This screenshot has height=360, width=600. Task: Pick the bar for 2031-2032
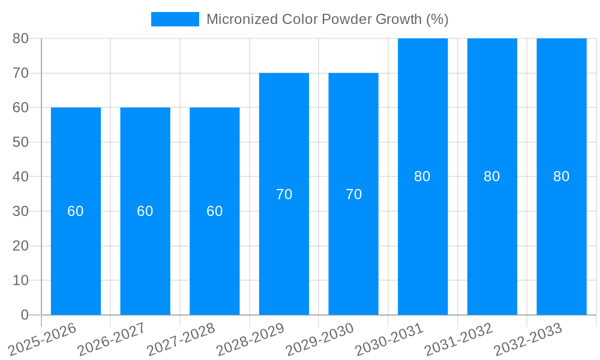point(492,240)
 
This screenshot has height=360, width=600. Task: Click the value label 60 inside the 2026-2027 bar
point(145,211)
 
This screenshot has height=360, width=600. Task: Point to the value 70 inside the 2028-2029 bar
point(284,194)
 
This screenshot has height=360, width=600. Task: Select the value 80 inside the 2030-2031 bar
point(422,176)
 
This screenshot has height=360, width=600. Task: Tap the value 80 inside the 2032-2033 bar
point(562,176)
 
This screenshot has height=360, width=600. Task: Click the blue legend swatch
point(175,19)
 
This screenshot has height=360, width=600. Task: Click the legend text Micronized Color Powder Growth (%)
point(327,19)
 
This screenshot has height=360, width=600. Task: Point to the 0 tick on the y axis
point(25,315)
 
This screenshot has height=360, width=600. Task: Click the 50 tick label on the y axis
point(20,142)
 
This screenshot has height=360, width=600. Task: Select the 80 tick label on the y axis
point(20,38)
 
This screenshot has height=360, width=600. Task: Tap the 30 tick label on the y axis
point(20,211)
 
